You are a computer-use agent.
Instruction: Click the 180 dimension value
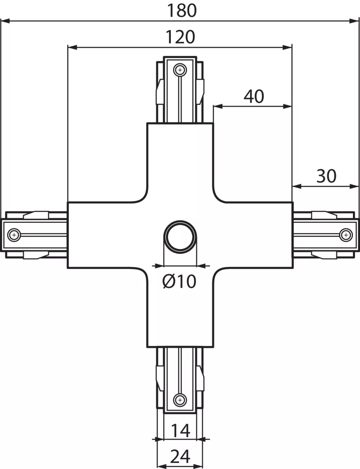coord(182,11)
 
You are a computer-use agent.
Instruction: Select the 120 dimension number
coord(180,37)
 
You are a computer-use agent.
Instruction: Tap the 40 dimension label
coord(254,96)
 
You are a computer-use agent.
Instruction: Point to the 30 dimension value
coord(326,176)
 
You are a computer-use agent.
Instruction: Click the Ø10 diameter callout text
coord(179,281)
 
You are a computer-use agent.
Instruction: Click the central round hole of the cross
coord(180,237)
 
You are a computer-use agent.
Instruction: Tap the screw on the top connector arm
coord(180,70)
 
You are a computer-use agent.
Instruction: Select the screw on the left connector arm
coord(14,235)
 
